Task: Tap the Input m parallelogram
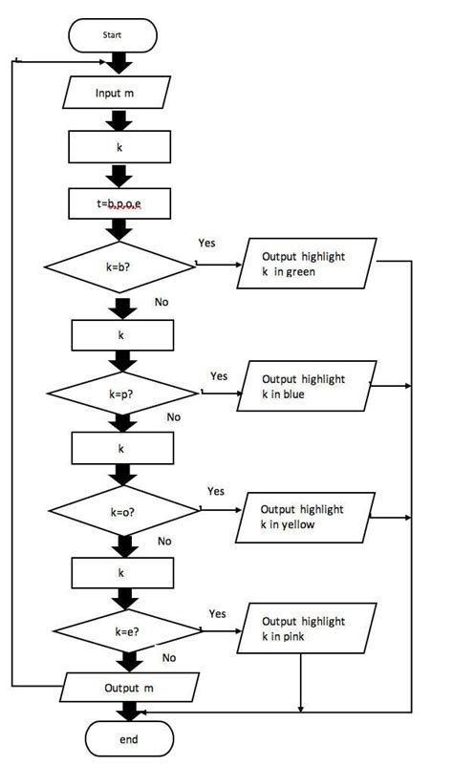tap(120, 94)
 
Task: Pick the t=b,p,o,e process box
tap(120, 202)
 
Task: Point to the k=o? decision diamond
tap(122, 512)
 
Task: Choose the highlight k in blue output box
tap(304, 386)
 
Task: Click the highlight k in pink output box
tap(302, 628)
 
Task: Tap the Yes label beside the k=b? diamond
tap(206, 243)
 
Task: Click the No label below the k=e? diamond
tap(169, 657)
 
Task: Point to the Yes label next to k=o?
tap(216, 491)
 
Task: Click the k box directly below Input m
tap(120, 148)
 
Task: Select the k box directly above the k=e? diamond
tap(121, 573)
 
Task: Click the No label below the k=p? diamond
tap(173, 417)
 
